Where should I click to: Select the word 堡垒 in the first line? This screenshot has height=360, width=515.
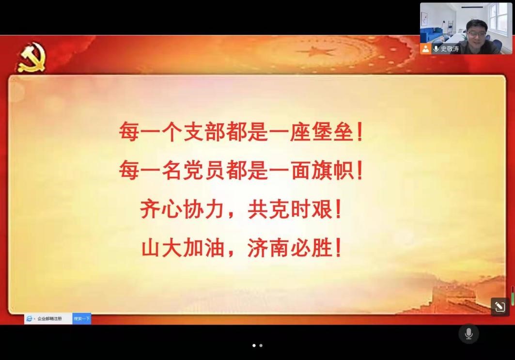click(x=332, y=132)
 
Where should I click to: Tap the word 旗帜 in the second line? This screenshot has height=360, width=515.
click(x=332, y=171)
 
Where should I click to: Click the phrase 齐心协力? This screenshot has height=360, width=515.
click(x=182, y=209)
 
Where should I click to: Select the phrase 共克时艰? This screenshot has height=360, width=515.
click(x=290, y=209)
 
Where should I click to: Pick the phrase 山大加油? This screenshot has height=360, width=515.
click(x=183, y=248)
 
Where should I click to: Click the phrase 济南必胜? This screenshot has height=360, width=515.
click(x=290, y=248)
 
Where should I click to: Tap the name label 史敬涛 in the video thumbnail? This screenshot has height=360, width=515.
click(x=450, y=49)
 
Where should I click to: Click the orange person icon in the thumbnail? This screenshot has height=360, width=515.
click(x=425, y=49)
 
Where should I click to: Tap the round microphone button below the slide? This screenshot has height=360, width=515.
click(x=468, y=334)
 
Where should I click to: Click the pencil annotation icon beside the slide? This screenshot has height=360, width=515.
click(x=500, y=307)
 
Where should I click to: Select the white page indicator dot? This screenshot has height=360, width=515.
click(x=254, y=345)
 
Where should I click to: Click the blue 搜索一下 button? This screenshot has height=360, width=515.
click(x=81, y=319)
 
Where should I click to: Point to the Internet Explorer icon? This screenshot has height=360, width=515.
click(x=29, y=319)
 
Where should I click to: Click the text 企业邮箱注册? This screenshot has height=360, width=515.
click(x=49, y=319)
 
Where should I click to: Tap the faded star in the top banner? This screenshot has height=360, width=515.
click(x=315, y=51)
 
